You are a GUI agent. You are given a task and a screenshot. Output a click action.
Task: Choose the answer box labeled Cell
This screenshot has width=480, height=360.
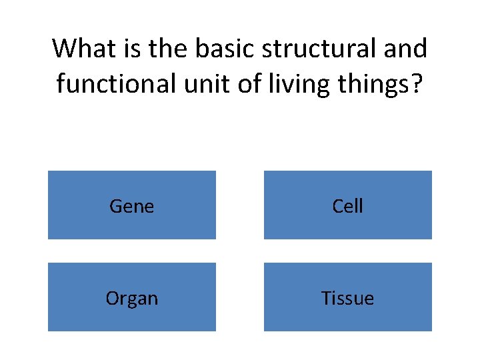[347, 205]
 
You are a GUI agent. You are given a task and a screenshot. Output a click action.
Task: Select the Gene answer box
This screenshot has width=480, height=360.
[131, 205]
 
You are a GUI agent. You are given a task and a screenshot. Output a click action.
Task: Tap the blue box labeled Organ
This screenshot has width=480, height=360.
[131, 297]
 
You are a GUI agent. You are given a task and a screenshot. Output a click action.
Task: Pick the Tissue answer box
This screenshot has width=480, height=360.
[347, 297]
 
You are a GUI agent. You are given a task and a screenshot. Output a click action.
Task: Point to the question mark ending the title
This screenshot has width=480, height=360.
[417, 85]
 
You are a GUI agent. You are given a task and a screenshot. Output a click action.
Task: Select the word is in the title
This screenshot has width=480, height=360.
[129, 49]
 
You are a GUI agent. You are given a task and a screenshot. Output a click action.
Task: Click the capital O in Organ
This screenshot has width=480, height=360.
[112, 297]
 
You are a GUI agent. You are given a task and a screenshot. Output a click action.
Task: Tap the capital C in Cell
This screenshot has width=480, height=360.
[337, 206]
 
